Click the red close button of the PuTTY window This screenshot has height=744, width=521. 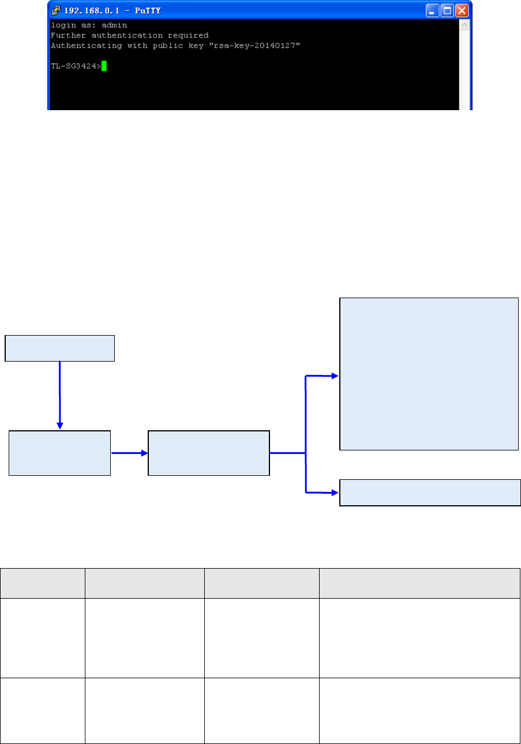tap(462, 10)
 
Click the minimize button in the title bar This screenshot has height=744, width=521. tap(433, 10)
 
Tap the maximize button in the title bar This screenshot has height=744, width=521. tap(448, 10)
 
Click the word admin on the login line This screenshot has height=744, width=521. tap(115, 25)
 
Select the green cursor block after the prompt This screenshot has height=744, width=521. tap(104, 66)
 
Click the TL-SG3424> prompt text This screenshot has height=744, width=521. tap(76, 66)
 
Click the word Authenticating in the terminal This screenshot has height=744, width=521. tap(84, 46)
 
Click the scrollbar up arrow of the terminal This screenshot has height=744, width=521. tap(464, 25)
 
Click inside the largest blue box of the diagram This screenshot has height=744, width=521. tap(429, 373)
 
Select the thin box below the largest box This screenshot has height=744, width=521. tap(430, 492)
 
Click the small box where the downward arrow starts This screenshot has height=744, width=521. tap(60, 348)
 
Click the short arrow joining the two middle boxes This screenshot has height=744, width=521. tap(129, 453)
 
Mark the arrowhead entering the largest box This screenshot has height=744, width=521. tap(336, 375)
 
